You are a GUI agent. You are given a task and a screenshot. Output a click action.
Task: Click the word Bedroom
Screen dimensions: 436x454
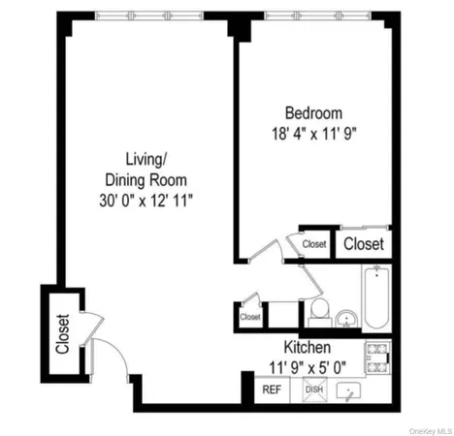[312, 111]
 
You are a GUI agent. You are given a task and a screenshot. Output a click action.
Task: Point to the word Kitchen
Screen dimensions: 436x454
[308, 347]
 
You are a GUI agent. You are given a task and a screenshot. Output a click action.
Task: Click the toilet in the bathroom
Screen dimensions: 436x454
[318, 310]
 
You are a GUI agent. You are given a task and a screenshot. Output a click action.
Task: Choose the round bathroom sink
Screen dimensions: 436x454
[346, 318]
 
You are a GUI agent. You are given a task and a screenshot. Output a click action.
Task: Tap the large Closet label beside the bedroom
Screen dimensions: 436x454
[364, 244]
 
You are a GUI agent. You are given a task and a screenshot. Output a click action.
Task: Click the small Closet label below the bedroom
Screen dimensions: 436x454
[313, 245]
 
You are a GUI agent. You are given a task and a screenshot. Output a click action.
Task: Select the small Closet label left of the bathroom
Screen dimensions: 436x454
[250, 316]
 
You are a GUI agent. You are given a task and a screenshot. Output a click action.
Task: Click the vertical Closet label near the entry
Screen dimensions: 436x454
[62, 333]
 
